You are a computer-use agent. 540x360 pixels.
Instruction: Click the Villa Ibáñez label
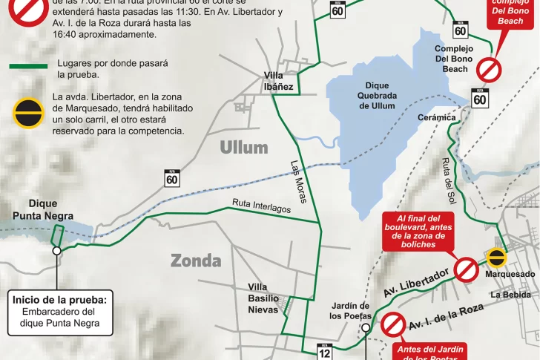[279, 80]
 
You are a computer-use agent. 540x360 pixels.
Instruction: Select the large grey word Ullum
[243, 147]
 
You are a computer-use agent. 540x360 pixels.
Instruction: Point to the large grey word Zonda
[196, 261]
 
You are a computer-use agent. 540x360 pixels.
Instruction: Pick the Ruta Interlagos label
[261, 206]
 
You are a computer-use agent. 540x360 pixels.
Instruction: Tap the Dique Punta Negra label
[43, 209]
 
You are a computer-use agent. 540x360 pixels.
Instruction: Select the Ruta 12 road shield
[324, 351]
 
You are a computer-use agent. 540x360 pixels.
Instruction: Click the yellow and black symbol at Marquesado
[496, 257]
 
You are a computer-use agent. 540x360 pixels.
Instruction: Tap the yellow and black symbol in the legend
[27, 114]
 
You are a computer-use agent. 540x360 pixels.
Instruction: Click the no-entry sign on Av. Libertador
[466, 269]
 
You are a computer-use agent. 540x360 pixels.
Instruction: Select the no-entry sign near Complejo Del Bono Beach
[489, 70]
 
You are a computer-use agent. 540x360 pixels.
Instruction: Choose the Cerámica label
[437, 117]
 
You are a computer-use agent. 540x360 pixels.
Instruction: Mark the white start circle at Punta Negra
[56, 251]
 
